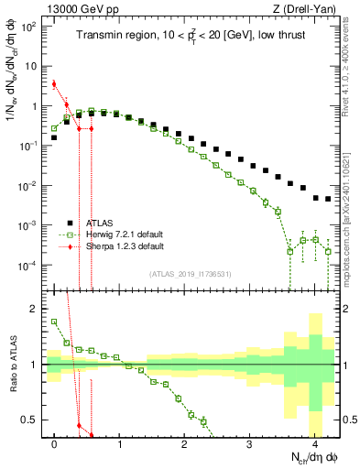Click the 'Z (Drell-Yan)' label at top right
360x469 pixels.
pyautogui.click(x=309, y=8)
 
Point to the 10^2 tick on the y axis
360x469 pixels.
pyautogui.click(x=30, y=27)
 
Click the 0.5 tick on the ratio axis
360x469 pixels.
pyautogui.click(x=32, y=420)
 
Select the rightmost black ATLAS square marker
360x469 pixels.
pyautogui.click(x=328, y=199)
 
